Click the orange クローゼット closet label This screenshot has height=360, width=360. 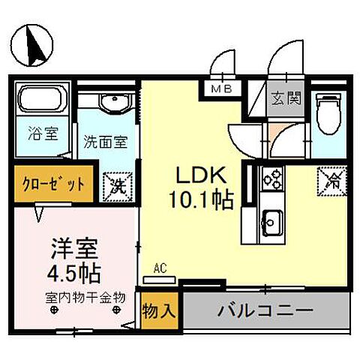click(52, 184)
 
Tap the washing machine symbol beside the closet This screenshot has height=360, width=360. click(117, 184)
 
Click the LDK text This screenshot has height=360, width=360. click(200, 175)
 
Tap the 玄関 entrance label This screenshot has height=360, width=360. click(286, 98)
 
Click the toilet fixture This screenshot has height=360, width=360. click(328, 112)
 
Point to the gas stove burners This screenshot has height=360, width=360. click(270, 179)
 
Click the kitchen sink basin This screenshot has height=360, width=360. click(270, 223)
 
